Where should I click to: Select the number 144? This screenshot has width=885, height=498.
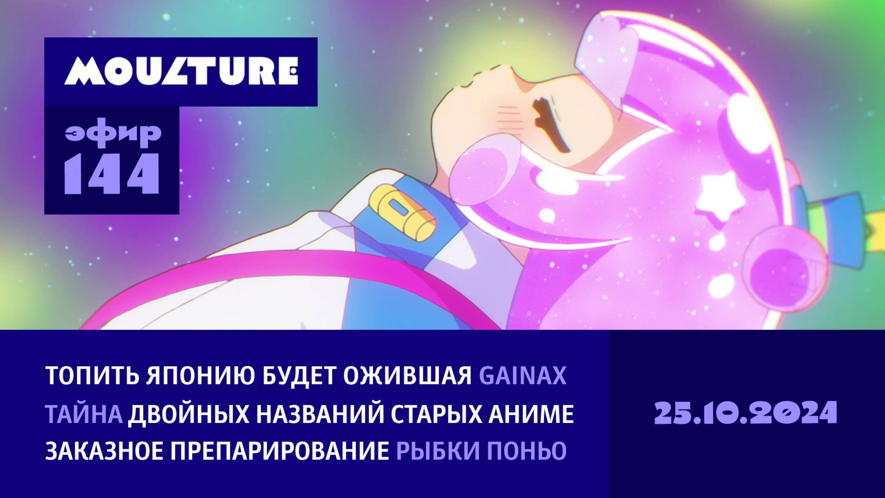(x=112, y=174)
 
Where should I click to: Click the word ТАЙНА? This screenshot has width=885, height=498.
(x=84, y=414)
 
